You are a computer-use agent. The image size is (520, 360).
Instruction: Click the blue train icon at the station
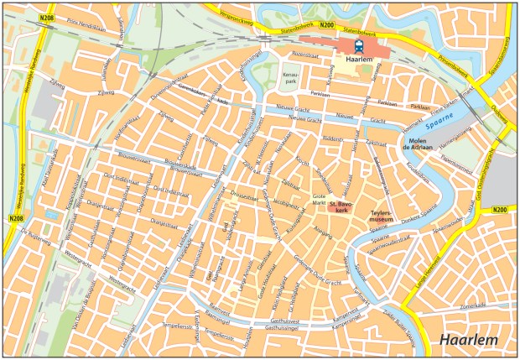[359, 47]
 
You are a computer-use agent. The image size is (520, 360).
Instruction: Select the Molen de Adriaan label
[417, 143]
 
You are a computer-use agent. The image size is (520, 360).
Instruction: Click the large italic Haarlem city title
[468, 340]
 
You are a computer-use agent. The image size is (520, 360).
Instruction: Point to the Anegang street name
[323, 227]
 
